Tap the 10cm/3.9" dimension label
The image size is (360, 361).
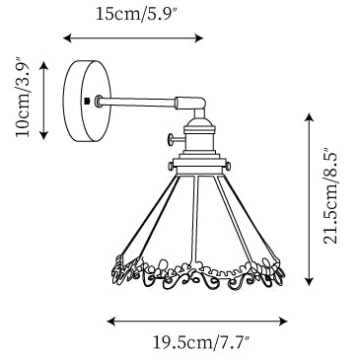[x=23, y=98]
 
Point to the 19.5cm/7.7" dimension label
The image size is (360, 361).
[x=201, y=342]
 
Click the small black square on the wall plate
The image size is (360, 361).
[x=87, y=101]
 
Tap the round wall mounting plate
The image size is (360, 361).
[x=87, y=102]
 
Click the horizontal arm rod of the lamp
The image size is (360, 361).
[x=136, y=101]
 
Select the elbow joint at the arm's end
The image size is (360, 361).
[x=191, y=105]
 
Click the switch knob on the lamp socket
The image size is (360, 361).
[x=176, y=140]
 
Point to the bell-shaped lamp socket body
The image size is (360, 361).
[x=199, y=136]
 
